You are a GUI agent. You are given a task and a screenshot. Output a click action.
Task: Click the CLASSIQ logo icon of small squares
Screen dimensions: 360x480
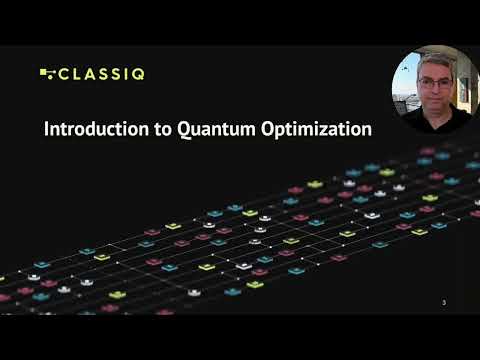46,73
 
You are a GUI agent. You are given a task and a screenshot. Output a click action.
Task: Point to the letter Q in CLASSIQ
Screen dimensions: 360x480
142,73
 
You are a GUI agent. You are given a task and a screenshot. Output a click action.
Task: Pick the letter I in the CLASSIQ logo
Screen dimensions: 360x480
128,73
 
